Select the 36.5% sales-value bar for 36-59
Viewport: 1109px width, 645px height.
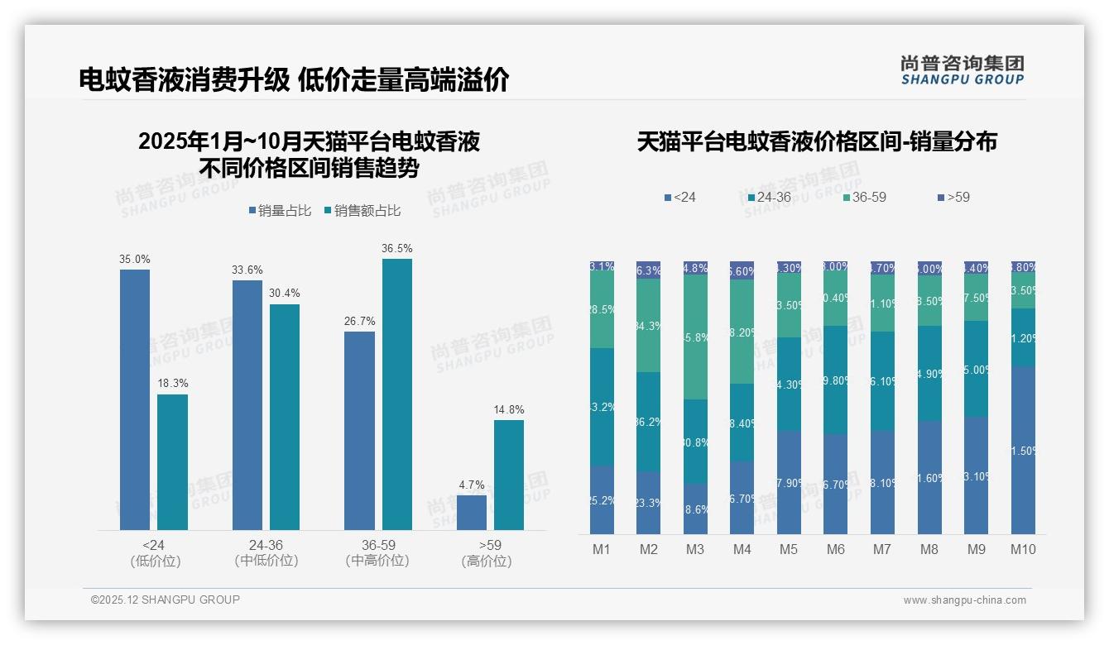396,394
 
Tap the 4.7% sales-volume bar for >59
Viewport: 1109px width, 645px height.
472,513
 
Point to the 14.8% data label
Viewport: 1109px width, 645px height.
509,409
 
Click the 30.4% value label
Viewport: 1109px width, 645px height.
285,293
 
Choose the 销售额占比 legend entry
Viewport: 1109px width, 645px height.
363,211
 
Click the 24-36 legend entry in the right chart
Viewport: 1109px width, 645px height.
770,198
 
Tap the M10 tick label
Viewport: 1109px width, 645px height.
1023,549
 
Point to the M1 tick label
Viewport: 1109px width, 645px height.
602,549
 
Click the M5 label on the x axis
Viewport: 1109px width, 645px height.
789,549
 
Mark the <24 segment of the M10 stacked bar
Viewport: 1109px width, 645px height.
1023,451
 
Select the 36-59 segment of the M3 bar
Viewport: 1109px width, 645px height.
695,337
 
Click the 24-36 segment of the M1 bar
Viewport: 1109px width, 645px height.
602,407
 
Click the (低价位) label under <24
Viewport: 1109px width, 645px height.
154,561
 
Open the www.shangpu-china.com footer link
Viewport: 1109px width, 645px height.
964,600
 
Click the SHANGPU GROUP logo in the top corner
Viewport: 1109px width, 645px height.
962,70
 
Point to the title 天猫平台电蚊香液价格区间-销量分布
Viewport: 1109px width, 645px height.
816,142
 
